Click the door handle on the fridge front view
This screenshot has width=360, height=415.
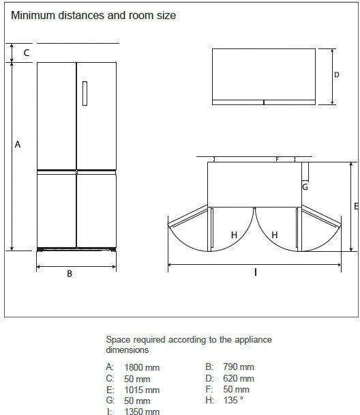[85, 94]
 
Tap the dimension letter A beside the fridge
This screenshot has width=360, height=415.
[18, 145]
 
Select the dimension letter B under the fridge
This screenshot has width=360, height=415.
[70, 274]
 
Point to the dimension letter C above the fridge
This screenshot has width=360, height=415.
[27, 53]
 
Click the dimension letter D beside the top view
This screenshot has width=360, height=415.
[336, 75]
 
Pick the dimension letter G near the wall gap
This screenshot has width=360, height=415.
[305, 187]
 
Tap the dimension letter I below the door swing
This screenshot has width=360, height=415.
[255, 272]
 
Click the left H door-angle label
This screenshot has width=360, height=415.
[234, 235]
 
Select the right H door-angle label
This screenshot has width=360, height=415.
[275, 235]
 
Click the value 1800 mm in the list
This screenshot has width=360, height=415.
[142, 368]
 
